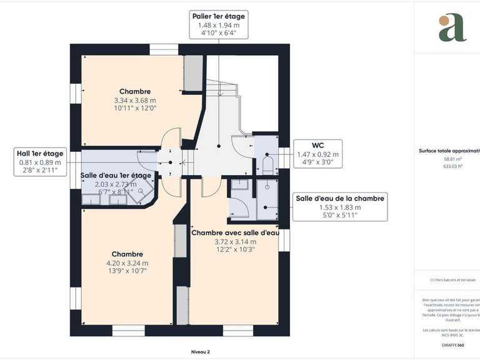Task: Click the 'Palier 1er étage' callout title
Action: pyautogui.click(x=219, y=16)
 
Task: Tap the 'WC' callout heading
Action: pyautogui.click(x=317, y=144)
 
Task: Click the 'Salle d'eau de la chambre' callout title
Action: pyautogui.click(x=340, y=197)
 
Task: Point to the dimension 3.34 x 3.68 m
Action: pyautogui.click(x=135, y=100)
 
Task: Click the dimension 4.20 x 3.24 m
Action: pyautogui.click(x=127, y=263)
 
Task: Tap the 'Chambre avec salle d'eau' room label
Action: pyautogui.click(x=234, y=232)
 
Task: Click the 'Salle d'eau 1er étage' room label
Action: pyautogui.click(x=116, y=176)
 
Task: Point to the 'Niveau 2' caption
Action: pyautogui.click(x=201, y=351)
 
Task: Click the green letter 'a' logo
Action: pyautogui.click(x=452, y=27)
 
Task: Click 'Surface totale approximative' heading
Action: pyautogui.click(x=449, y=151)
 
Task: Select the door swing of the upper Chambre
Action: pyautogui.click(x=171, y=138)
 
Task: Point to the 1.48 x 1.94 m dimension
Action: pyautogui.click(x=219, y=25)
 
